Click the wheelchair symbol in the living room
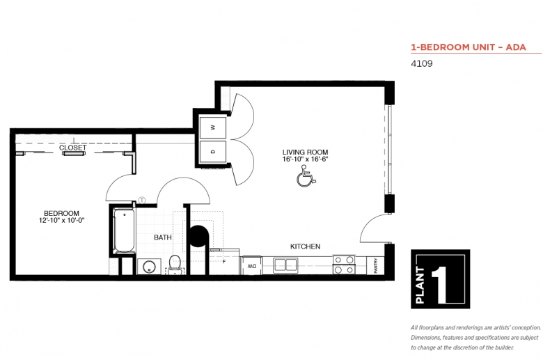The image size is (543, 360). [x=306, y=179]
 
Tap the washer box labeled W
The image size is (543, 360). [x=213, y=127]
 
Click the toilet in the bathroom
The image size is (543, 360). [x=175, y=265]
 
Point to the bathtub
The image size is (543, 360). [x=125, y=230]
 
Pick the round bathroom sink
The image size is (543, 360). [x=148, y=266]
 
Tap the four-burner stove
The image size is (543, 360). [x=344, y=264]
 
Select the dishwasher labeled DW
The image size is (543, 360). [x=249, y=265]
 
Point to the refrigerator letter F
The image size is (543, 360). [x=224, y=261]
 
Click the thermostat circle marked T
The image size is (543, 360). [x=142, y=200]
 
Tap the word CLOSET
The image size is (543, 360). [x=72, y=148]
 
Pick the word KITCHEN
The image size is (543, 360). [x=305, y=246]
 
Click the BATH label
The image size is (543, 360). [x=163, y=237]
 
